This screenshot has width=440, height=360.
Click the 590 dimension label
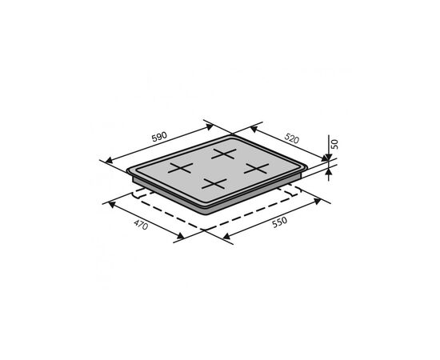159,137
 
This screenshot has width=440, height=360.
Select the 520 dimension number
292,138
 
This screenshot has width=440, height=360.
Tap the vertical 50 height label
334,144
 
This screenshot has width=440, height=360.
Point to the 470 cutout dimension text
141,225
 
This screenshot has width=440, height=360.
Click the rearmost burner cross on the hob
224,154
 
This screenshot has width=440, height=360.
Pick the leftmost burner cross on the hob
181,168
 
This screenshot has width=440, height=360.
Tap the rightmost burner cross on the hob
256,168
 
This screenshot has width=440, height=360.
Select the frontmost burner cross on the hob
214,184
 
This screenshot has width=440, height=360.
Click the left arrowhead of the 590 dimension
109,161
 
